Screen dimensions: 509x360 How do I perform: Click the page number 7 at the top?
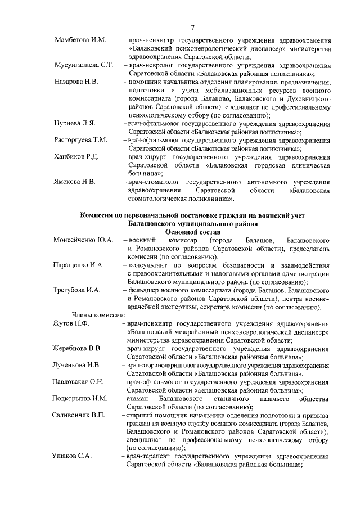coord(192,27)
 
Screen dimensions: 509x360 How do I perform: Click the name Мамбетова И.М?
coord(80,41)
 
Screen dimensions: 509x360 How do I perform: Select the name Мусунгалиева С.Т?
coord(84,65)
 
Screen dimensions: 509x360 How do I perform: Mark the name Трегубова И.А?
coord(76,290)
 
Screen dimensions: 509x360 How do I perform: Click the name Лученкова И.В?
coord(76,365)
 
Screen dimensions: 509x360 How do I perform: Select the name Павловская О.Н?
coord(78,382)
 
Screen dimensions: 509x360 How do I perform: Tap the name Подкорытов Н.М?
coord(80,398)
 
